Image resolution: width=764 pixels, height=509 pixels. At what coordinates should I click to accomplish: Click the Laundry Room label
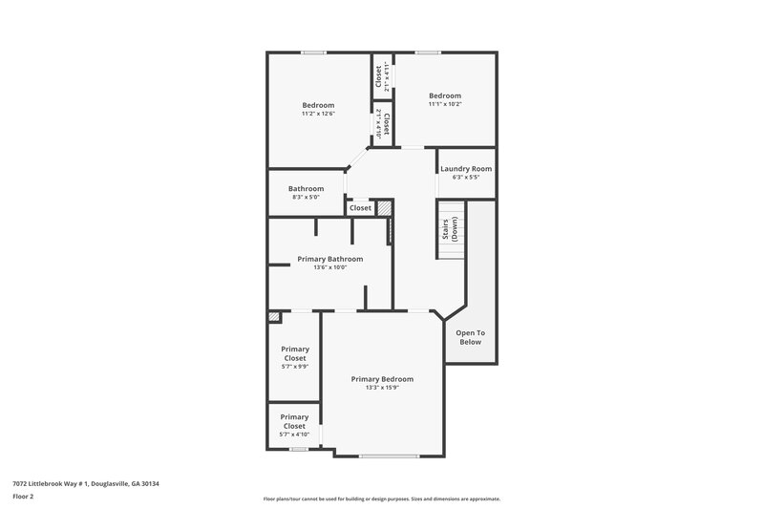466,169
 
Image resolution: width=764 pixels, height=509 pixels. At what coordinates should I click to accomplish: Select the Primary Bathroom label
329,259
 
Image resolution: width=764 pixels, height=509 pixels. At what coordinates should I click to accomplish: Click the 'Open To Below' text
470,337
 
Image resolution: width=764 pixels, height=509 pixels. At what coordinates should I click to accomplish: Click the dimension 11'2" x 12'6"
318,114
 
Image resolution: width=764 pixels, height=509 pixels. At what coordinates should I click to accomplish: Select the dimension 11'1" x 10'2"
444,104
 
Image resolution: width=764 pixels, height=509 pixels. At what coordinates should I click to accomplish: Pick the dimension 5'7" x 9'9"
294,366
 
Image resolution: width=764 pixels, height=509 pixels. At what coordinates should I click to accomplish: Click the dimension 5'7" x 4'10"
294,434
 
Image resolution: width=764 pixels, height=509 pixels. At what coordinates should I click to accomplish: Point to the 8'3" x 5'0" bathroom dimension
306,198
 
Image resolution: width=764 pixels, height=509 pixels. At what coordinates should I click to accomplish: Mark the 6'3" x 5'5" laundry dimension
466,178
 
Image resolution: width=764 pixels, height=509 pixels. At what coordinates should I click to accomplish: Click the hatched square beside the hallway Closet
384,207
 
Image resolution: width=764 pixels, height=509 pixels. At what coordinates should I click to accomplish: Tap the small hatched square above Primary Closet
274,316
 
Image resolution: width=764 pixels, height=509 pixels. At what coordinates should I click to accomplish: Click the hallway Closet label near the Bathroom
360,207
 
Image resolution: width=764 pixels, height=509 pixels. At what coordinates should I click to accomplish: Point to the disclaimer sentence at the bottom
381,498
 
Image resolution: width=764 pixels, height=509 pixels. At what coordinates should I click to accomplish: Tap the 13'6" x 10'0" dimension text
329,267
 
